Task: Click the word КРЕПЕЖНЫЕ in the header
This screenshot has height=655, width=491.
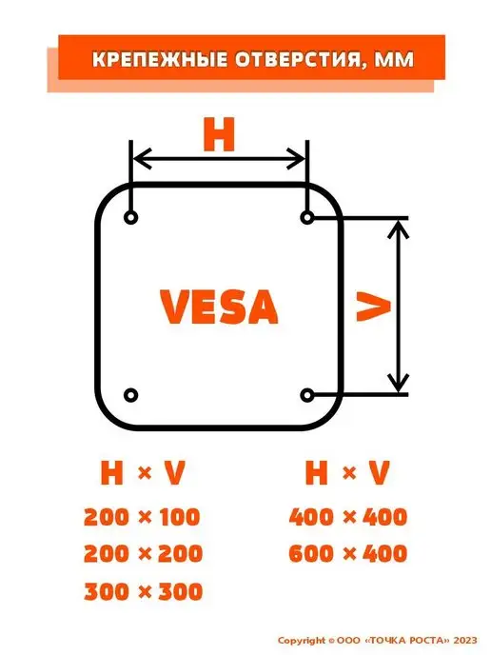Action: click(160, 59)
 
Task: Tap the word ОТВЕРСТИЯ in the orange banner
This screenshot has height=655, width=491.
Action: click(297, 60)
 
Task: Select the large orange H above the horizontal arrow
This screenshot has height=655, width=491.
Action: click(219, 134)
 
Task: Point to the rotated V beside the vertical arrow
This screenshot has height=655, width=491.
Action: click(373, 307)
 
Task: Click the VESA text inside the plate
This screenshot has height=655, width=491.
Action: click(219, 307)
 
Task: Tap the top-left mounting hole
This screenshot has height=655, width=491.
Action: click(131, 218)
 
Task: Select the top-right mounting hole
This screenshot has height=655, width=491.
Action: click(307, 218)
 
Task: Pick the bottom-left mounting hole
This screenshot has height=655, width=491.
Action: click(131, 395)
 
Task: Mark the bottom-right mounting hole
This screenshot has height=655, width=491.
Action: click(307, 395)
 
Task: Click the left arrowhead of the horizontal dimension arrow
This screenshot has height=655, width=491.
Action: click(141, 159)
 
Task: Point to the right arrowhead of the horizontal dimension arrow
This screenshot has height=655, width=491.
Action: click(297, 159)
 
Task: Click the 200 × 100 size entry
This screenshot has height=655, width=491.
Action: click(143, 517)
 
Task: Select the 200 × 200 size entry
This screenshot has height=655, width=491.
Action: click(143, 554)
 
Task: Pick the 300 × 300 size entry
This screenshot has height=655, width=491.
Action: click(143, 591)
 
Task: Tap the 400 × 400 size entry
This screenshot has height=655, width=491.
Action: click(348, 517)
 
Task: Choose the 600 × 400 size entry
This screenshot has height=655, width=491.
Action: click(348, 554)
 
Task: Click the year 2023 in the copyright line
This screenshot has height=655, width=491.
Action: click(465, 641)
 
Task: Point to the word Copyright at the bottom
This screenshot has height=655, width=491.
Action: click(302, 641)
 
